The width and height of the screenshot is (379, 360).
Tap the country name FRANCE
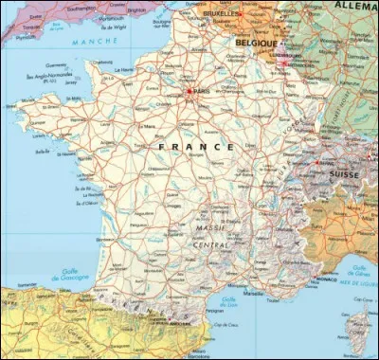tap(196, 147)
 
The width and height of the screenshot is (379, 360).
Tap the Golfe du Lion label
tap(227, 303)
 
